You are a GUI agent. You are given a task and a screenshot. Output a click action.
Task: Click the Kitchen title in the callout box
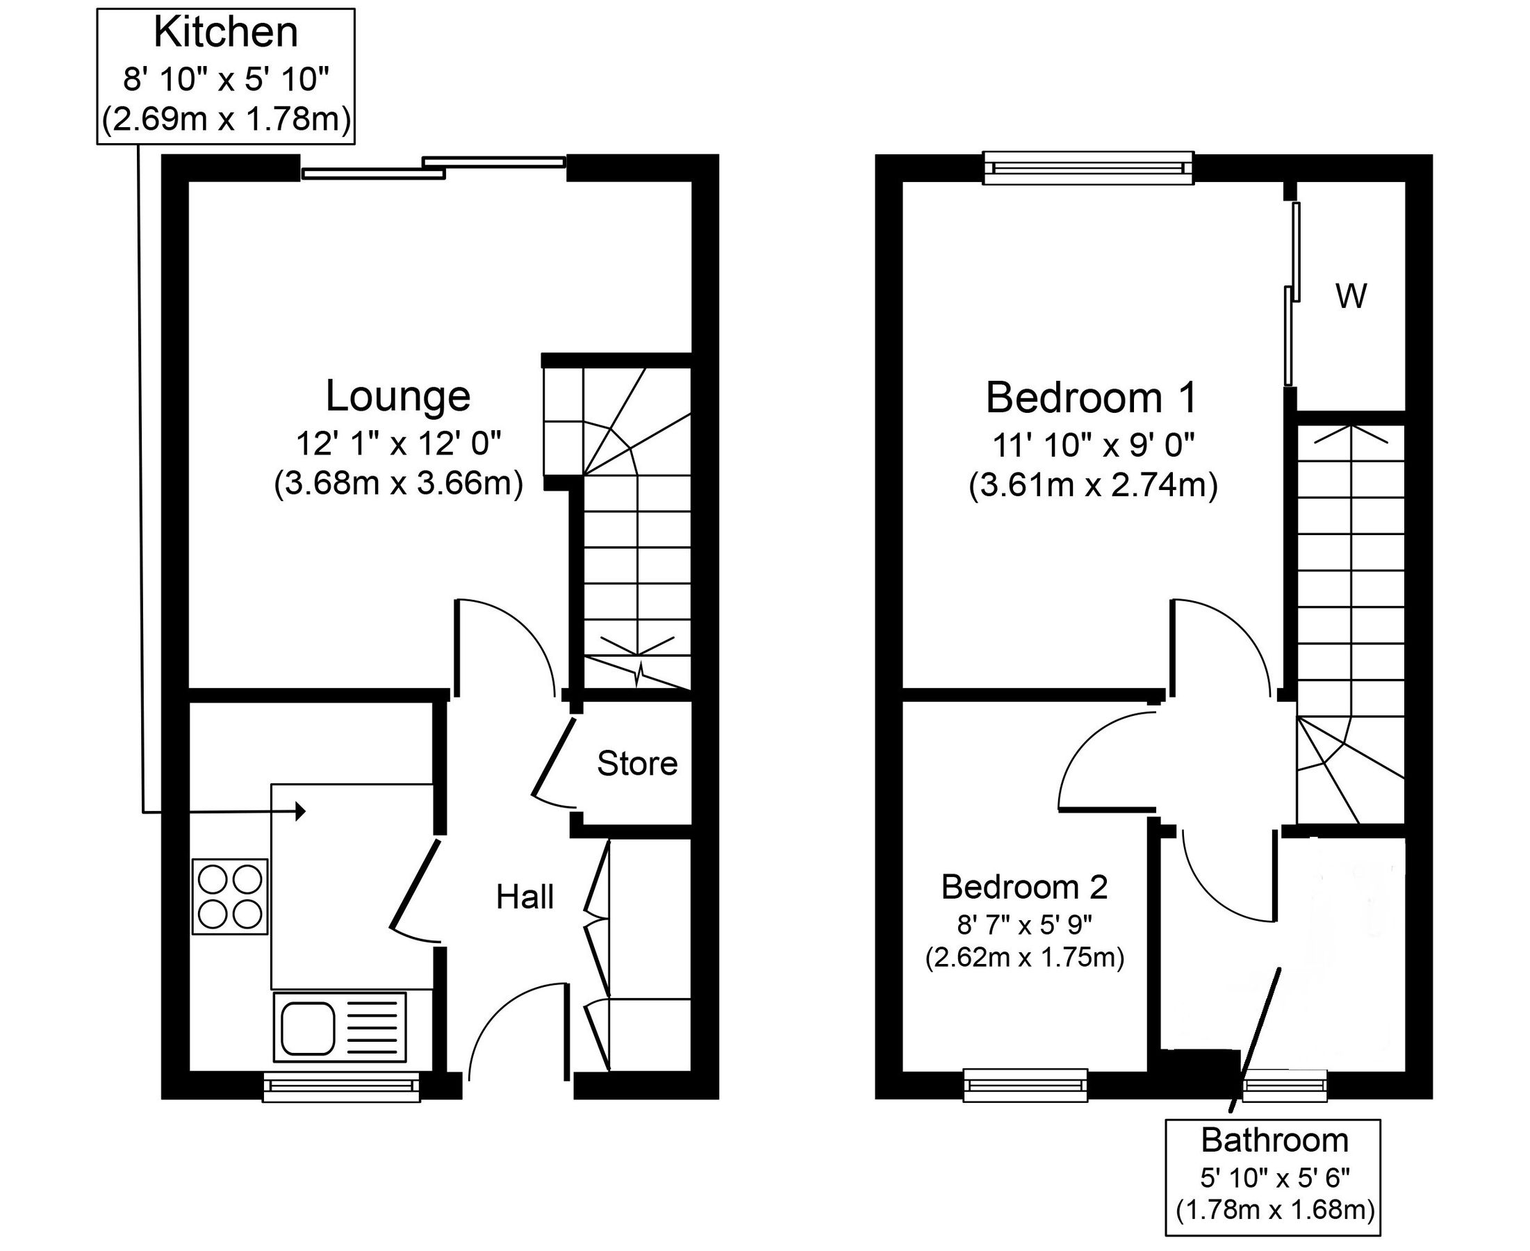tap(225, 33)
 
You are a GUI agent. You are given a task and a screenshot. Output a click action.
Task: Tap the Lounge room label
tap(397, 395)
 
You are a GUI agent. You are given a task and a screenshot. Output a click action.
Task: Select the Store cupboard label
tap(636, 763)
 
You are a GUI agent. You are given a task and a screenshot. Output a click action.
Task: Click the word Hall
tap(525, 897)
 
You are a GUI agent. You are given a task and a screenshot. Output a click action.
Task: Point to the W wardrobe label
tap(1351, 296)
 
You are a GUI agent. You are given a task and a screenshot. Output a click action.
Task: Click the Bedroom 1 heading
tap(1092, 398)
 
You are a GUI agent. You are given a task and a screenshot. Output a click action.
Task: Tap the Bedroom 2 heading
tap(1023, 887)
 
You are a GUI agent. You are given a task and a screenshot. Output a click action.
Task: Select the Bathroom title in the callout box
tap(1274, 1140)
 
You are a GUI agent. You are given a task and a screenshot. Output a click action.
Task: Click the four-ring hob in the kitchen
tap(230, 897)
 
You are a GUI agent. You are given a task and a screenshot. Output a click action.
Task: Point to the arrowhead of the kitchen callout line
tap(300, 812)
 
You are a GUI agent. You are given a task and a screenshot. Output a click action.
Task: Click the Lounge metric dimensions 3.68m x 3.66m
tap(397, 483)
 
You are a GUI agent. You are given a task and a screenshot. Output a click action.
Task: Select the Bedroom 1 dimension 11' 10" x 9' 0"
tap(1093, 445)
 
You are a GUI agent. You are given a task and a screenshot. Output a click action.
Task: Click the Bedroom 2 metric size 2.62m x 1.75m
tap(1024, 958)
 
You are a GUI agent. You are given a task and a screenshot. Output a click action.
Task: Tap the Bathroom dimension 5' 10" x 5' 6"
tap(1274, 1177)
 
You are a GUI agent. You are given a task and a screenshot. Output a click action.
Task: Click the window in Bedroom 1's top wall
tap(1087, 168)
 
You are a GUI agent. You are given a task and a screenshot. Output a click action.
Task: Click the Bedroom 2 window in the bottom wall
tap(1025, 1084)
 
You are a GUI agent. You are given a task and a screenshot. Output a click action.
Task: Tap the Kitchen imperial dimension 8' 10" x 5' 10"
tap(225, 79)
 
